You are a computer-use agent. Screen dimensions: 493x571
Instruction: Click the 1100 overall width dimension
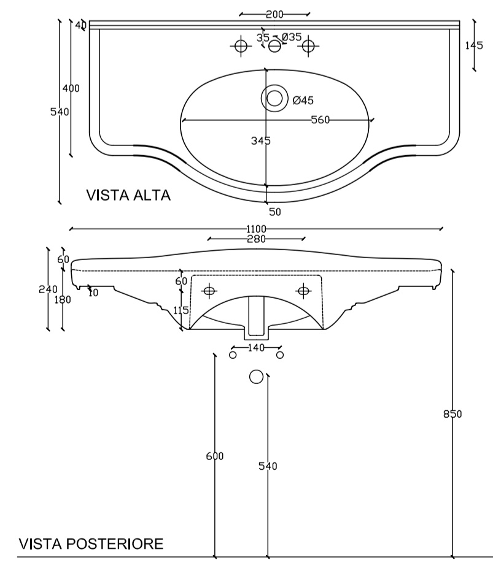pyautogui.click(x=257, y=229)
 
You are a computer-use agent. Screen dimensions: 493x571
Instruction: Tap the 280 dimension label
pyautogui.click(x=257, y=239)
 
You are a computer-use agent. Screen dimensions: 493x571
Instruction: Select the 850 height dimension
pyautogui.click(x=452, y=414)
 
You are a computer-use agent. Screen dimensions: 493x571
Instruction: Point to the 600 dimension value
pyautogui.click(x=215, y=456)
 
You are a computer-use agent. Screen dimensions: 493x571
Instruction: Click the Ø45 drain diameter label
pyautogui.click(x=303, y=100)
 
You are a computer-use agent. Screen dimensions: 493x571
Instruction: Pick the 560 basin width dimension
pyautogui.click(x=320, y=120)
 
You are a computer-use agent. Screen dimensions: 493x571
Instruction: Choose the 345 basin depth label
pyautogui.click(x=261, y=140)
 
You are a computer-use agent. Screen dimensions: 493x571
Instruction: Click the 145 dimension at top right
pyautogui.click(x=474, y=45)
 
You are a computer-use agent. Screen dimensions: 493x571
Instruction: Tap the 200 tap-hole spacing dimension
pyautogui.click(x=274, y=14)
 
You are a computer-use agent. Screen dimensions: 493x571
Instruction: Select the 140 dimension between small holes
pyautogui.click(x=256, y=348)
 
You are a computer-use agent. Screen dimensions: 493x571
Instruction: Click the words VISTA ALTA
pyautogui.click(x=128, y=195)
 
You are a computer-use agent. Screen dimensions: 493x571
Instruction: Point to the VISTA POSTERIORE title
pyautogui.click(x=91, y=543)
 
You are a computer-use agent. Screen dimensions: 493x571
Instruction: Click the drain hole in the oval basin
pyautogui.click(x=274, y=98)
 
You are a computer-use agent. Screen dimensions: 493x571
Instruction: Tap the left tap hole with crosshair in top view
pyautogui.click(x=241, y=46)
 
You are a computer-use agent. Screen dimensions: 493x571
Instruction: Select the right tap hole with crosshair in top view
pyautogui.click(x=308, y=46)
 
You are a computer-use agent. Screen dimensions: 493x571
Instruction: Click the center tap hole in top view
pyautogui.click(x=274, y=46)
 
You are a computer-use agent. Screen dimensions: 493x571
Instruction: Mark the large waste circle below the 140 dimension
pyautogui.click(x=257, y=377)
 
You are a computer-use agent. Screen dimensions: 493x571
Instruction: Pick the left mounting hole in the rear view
pyautogui.click(x=209, y=291)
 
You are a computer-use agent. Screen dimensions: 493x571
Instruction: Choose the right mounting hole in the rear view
pyautogui.click(x=303, y=291)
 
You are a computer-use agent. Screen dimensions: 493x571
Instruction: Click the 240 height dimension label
pyautogui.click(x=48, y=289)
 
